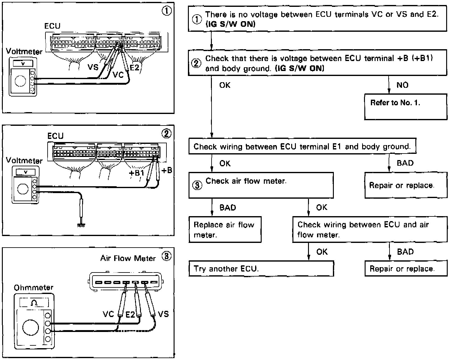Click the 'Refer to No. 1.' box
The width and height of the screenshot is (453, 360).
(405, 107)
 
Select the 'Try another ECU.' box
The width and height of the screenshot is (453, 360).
(261, 268)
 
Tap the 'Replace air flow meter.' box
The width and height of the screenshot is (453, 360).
(225, 230)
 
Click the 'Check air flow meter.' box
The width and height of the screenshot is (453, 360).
(261, 185)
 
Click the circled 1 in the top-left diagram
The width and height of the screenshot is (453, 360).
(166, 11)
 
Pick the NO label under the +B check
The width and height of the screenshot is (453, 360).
(402, 85)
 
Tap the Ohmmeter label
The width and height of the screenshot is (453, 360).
(33, 287)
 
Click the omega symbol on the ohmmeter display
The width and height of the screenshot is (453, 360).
(34, 303)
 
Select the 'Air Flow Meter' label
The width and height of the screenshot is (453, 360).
(128, 258)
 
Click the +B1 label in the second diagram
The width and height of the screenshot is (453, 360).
(137, 173)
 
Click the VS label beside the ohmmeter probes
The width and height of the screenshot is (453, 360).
(163, 314)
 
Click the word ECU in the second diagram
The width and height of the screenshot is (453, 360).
(55, 136)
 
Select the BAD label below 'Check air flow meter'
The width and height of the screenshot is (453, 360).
(228, 207)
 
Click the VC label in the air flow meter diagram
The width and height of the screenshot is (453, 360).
(108, 314)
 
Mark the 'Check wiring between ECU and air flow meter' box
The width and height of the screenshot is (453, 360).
(370, 230)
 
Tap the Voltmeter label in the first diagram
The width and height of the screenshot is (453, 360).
(24, 51)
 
